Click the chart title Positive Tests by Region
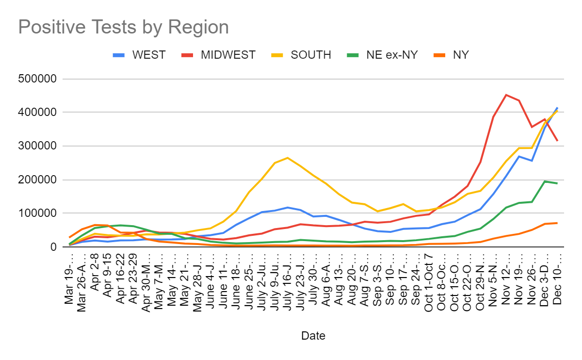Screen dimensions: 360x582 [123, 27]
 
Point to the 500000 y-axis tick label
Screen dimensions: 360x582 [41, 79]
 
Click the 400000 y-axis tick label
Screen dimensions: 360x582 [41, 113]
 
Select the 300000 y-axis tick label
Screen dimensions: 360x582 [41, 146]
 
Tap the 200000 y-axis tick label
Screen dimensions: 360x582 [41, 180]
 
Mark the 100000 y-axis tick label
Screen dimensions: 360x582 [41, 213]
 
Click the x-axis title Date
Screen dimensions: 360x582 [313, 336]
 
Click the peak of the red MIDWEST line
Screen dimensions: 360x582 [506, 95]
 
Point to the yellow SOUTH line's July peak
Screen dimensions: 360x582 [287, 158]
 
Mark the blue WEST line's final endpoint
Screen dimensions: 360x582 [557, 108]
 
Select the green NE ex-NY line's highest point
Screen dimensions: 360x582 [545, 181]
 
